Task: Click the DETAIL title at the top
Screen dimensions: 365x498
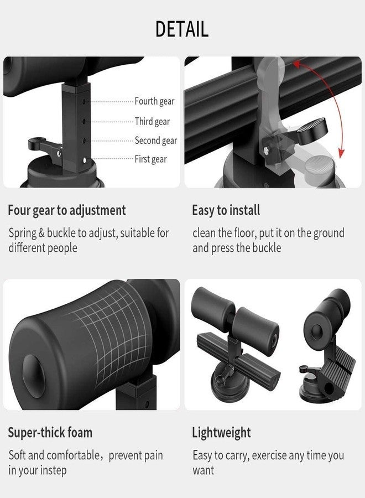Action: coord(182,29)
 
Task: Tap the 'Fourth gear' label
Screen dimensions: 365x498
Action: coord(154,101)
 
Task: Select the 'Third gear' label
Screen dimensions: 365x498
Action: coord(152,121)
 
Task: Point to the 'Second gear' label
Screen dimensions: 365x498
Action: coord(156,141)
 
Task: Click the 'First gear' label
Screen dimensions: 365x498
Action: coord(151,159)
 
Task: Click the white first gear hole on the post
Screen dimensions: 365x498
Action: coord(85,160)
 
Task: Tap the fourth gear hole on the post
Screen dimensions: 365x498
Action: coord(84,102)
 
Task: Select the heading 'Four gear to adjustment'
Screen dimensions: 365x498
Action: coord(67,211)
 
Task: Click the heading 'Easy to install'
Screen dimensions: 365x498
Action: coord(226,210)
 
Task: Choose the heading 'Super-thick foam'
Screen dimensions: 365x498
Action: coord(50,433)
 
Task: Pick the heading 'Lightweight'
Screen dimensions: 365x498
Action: coord(222,433)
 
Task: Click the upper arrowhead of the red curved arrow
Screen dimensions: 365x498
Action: coord(296,64)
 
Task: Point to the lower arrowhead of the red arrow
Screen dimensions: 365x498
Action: coord(341,153)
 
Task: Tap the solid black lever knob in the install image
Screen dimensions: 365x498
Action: coord(312,131)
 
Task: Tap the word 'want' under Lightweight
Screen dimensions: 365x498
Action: coord(204,471)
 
